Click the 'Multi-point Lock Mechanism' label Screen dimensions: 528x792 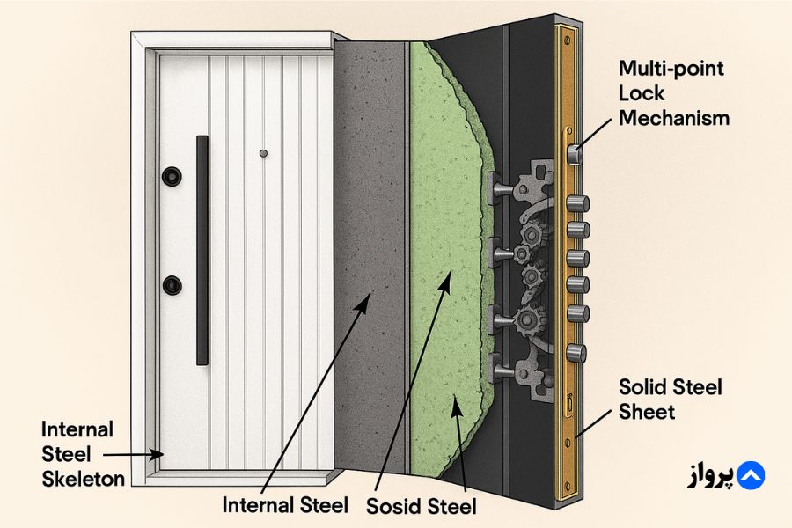pyautogui.click(x=674, y=92)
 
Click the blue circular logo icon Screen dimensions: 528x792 pyautogui.click(x=749, y=475)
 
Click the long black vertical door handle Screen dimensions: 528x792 pyautogui.click(x=202, y=250)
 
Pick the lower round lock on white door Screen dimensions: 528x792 pyautogui.click(x=172, y=285)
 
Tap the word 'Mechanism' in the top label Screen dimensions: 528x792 pyautogui.click(x=674, y=116)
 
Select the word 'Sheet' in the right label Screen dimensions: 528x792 pyautogui.click(x=648, y=411)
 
